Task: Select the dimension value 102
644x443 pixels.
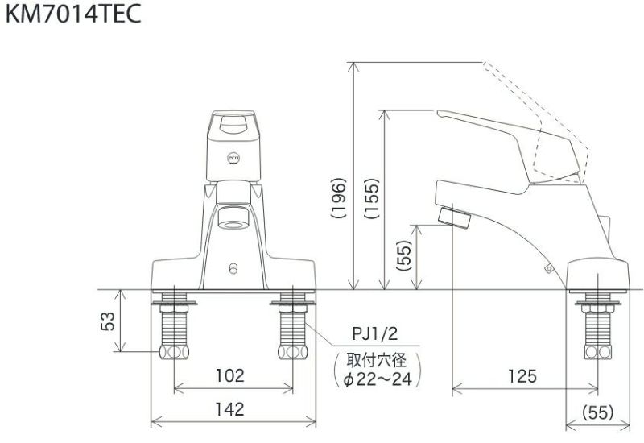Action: point(230,375)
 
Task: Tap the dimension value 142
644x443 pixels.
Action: point(230,409)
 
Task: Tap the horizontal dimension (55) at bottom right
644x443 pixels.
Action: point(597,412)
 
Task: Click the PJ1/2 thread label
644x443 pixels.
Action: point(375,334)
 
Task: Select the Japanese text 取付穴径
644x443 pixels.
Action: point(375,358)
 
